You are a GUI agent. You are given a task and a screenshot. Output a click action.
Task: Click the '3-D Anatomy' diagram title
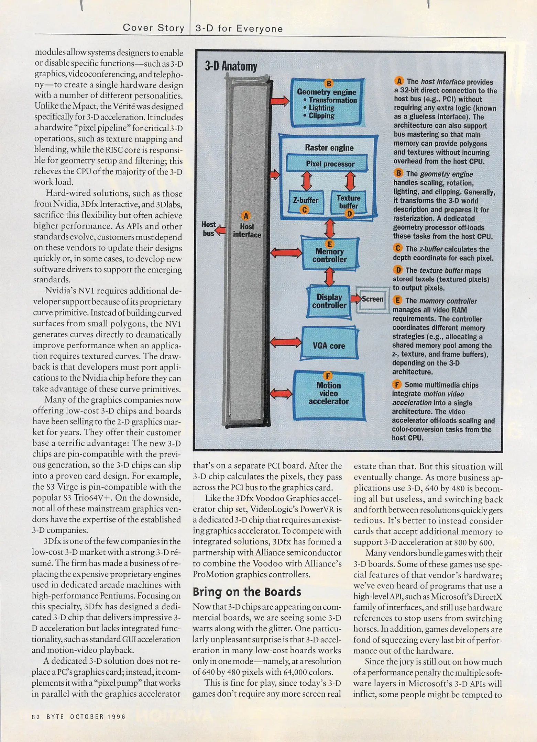coord(231,66)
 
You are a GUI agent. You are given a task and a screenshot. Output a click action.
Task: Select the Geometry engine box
coord(327,102)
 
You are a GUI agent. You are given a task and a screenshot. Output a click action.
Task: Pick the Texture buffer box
coord(348,202)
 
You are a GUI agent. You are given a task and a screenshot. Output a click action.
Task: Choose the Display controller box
coord(329,301)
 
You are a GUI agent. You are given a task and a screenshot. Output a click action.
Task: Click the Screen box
coord(372,299)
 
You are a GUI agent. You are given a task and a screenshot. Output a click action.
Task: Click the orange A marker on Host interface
coord(246,216)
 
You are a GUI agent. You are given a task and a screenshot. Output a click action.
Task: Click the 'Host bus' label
coord(208,228)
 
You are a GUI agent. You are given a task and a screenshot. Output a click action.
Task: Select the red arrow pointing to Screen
coord(355,298)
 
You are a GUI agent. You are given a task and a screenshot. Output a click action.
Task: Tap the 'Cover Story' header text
coord(153,28)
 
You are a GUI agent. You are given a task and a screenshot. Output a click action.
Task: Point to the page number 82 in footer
coord(36,717)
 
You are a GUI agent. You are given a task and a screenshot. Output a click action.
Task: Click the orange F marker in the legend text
coord(397,384)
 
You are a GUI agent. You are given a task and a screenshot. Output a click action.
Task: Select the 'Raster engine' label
coord(329,148)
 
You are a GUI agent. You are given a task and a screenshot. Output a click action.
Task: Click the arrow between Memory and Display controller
coord(329,277)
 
